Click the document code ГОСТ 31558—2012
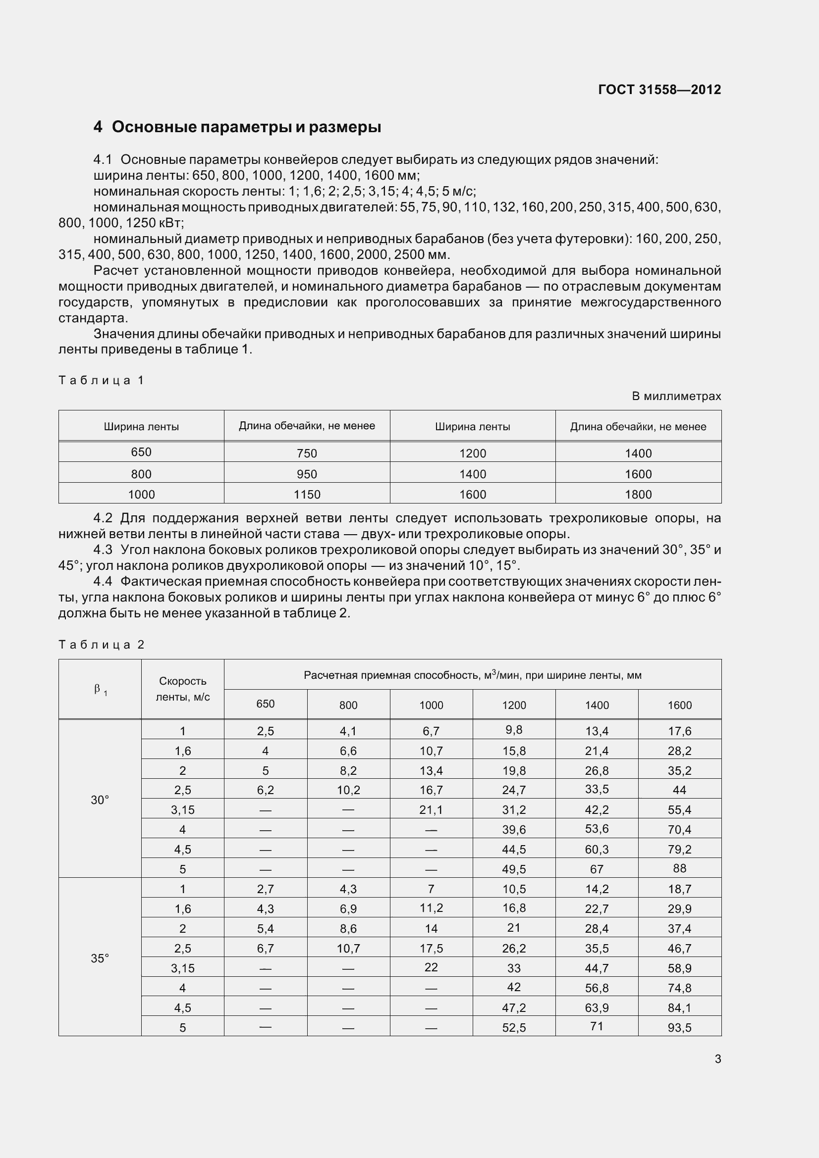click(x=659, y=90)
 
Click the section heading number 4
click(x=98, y=127)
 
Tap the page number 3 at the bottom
click(x=717, y=1059)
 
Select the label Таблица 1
click(x=101, y=380)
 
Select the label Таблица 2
click(x=101, y=645)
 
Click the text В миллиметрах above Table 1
click(x=676, y=397)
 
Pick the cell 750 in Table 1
click(x=307, y=453)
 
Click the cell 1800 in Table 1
click(x=638, y=495)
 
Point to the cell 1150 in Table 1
click(x=307, y=495)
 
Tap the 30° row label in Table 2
click(x=100, y=800)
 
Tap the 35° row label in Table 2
click(x=100, y=958)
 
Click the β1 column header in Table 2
click(x=100, y=690)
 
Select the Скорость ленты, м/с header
click(x=183, y=689)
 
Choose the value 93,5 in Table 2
click(x=679, y=1028)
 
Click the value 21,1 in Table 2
click(x=431, y=810)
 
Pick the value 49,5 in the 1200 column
click(x=514, y=869)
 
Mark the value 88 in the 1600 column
click(x=679, y=868)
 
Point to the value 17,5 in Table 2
click(x=431, y=949)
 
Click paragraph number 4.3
click(x=103, y=550)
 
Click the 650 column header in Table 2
click(x=266, y=704)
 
